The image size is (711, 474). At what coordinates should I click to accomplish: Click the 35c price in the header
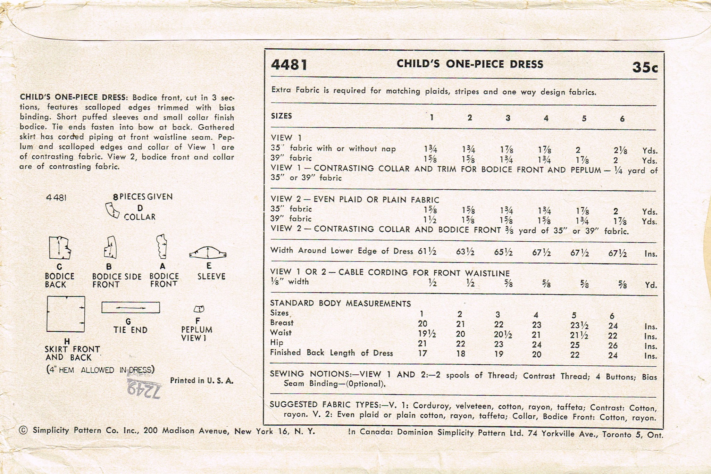[x=645, y=67]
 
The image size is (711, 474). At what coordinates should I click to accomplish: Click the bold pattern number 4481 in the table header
[x=289, y=65]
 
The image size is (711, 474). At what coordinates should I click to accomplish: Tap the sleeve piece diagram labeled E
[x=208, y=253]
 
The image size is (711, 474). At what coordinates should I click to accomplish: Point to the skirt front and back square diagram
[x=66, y=314]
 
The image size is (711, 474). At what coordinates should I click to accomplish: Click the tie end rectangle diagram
[x=131, y=307]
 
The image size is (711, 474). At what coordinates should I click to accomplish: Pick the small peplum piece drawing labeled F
[x=199, y=309]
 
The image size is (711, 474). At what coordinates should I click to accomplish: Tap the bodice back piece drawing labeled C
[x=60, y=248]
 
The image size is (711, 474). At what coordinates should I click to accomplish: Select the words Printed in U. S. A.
[x=202, y=381]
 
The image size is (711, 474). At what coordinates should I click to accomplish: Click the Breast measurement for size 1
[x=423, y=324]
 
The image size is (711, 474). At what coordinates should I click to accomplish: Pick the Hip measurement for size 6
[x=613, y=345]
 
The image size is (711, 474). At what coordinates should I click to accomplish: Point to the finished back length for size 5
[x=575, y=355]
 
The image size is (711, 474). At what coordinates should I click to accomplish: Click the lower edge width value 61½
[x=427, y=251]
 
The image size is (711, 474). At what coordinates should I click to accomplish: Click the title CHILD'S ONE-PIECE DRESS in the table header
[x=470, y=64]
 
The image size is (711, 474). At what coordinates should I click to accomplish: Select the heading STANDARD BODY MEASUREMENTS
[x=340, y=303]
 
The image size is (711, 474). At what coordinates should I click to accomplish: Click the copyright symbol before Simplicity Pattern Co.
[x=24, y=431]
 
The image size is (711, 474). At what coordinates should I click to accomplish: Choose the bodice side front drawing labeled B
[x=110, y=248]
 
